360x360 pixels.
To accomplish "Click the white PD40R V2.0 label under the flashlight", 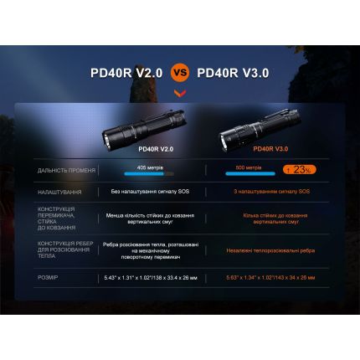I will [154, 150].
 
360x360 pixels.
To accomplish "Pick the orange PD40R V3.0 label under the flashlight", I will [270, 150].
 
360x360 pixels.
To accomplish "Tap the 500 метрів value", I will [249, 167].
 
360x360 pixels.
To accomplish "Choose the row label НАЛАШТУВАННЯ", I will [60, 192].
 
